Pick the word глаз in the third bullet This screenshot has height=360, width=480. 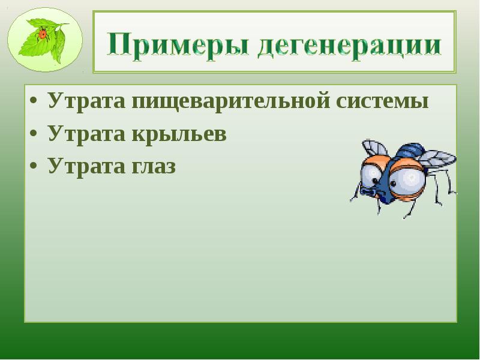[x=150, y=166]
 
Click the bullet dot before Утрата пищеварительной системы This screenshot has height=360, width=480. [x=35, y=101]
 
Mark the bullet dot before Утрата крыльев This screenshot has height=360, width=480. [x=35, y=134]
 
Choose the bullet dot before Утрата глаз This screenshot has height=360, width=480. [x=35, y=166]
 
